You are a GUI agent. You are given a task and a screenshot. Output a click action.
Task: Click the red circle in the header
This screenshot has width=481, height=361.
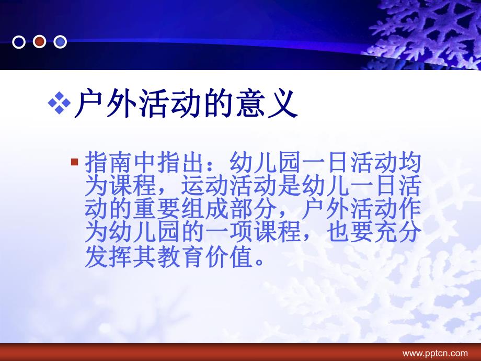pos(39,42)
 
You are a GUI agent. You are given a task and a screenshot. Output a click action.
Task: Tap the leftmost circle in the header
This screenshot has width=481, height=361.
pos(19,42)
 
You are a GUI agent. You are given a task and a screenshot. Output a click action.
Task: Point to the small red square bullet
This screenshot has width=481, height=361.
pos(74,162)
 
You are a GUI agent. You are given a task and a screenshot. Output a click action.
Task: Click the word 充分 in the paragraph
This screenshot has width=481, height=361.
pos(397,234)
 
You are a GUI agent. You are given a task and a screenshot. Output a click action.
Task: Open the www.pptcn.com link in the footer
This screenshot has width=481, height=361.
pos(434,354)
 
